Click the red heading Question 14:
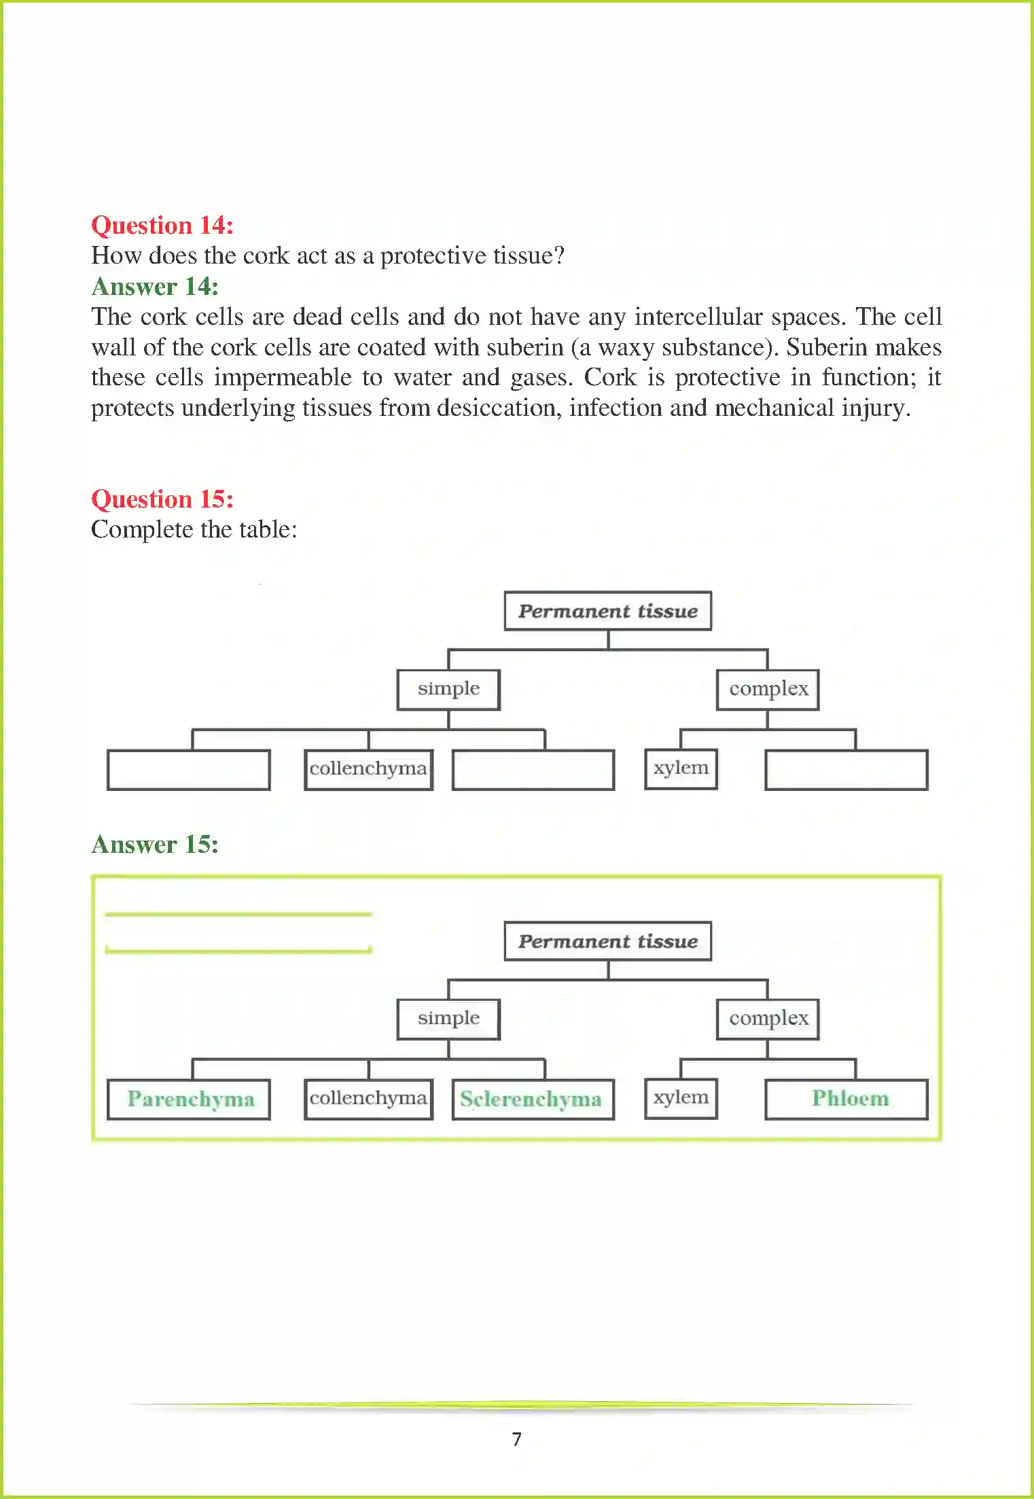(162, 225)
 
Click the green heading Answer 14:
(155, 286)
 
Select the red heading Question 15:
(162, 499)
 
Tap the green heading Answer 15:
(155, 844)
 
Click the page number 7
(517, 1439)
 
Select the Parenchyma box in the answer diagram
(189, 1099)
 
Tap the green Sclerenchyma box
(533, 1099)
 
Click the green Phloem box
(846, 1099)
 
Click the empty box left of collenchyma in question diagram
(189, 769)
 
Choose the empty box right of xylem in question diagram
(846, 769)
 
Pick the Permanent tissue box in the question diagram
(607, 611)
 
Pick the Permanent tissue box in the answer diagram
(607, 941)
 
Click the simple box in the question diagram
(448, 689)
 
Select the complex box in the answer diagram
(768, 1019)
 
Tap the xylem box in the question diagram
(681, 769)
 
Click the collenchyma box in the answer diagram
(368, 1099)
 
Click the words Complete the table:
(194, 529)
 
